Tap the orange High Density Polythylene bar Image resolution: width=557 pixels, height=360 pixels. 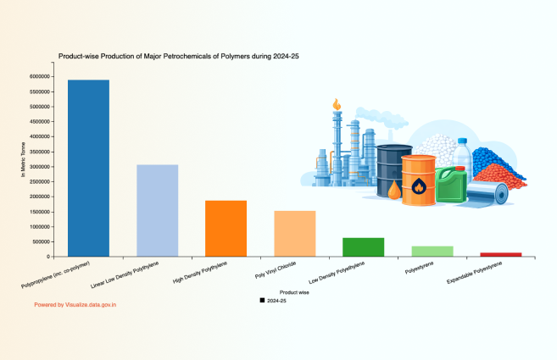pos(226,228)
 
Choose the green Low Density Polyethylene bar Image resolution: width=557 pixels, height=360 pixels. pos(363,246)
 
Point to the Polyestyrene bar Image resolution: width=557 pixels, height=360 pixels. pos(432,251)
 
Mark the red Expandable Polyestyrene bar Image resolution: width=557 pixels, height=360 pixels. pos(500,254)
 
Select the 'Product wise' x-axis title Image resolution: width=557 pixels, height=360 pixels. pos(293,292)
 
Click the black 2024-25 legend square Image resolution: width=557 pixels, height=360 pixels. pos(262,301)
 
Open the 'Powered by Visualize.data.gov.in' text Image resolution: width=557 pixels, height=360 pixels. pos(75,303)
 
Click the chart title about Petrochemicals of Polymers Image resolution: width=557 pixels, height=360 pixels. pos(178,56)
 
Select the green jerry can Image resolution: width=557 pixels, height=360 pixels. pos(451,184)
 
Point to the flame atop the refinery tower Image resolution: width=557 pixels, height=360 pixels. pos(337,105)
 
